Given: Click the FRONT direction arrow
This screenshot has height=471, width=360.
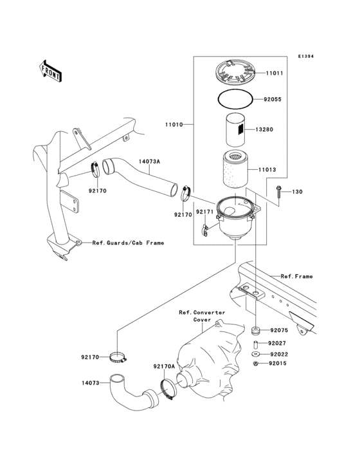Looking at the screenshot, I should tap(51, 70).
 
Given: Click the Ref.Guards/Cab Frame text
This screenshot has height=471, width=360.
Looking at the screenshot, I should tap(127, 243).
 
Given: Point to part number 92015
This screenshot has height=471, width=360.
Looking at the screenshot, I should tap(278, 364).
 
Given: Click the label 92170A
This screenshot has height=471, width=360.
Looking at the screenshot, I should tap(163, 366).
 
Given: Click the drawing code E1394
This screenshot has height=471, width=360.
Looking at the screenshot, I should tap(305, 57).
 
